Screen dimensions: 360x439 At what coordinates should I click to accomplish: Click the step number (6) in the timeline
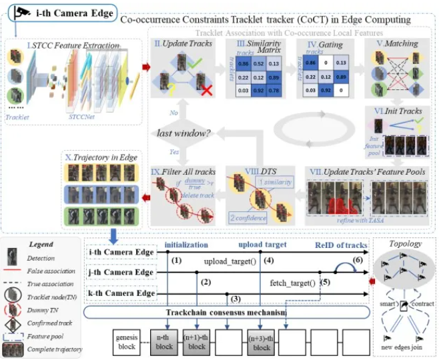357,259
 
